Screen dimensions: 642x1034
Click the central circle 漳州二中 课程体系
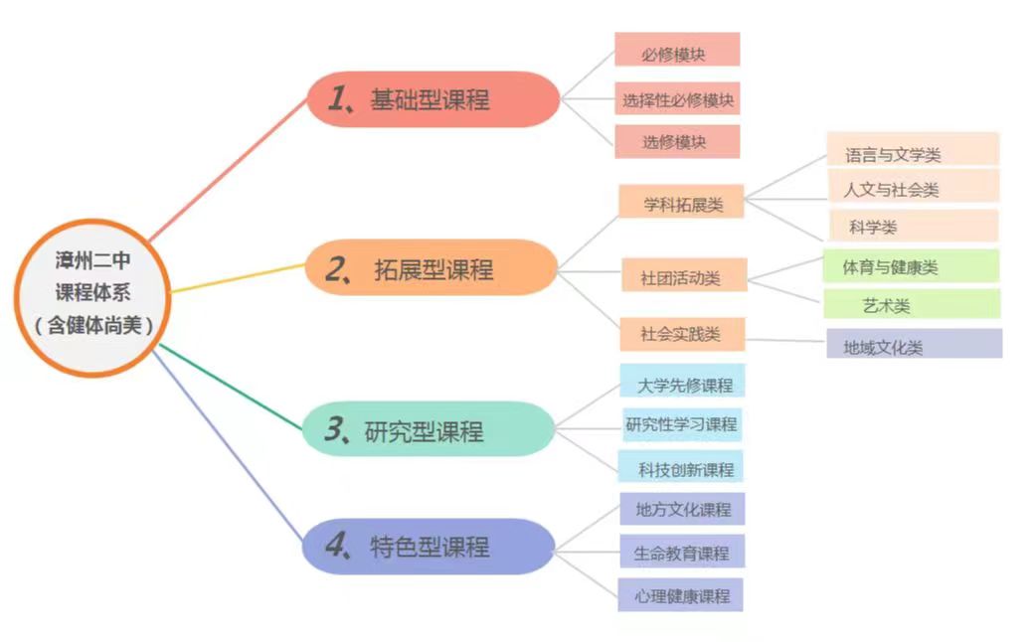[92, 294]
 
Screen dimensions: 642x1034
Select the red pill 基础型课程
[432, 99]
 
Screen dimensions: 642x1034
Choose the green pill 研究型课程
[428, 430]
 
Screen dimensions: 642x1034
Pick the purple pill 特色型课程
[428, 547]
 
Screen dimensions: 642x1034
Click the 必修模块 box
[676, 54]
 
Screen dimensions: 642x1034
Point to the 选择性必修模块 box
[678, 99]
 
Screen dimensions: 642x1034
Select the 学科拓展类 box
[681, 205]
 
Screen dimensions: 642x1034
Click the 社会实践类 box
[682, 335]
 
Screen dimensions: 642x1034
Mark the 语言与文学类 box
[912, 154]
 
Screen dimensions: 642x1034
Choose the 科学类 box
[912, 227]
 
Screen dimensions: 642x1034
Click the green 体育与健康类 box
[910, 267]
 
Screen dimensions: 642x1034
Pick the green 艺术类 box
[910, 305]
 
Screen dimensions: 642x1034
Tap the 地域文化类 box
[913, 347]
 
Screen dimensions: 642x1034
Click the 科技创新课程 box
[681, 468]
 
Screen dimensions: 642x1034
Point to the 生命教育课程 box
[681, 553]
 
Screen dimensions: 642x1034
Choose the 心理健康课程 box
[681, 595]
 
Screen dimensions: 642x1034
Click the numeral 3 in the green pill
[334, 430]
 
